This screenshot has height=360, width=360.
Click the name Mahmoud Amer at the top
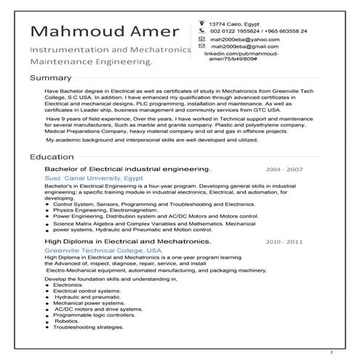click(103, 33)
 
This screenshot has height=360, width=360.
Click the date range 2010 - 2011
click(284, 240)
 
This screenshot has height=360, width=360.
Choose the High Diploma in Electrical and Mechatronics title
click(127, 240)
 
